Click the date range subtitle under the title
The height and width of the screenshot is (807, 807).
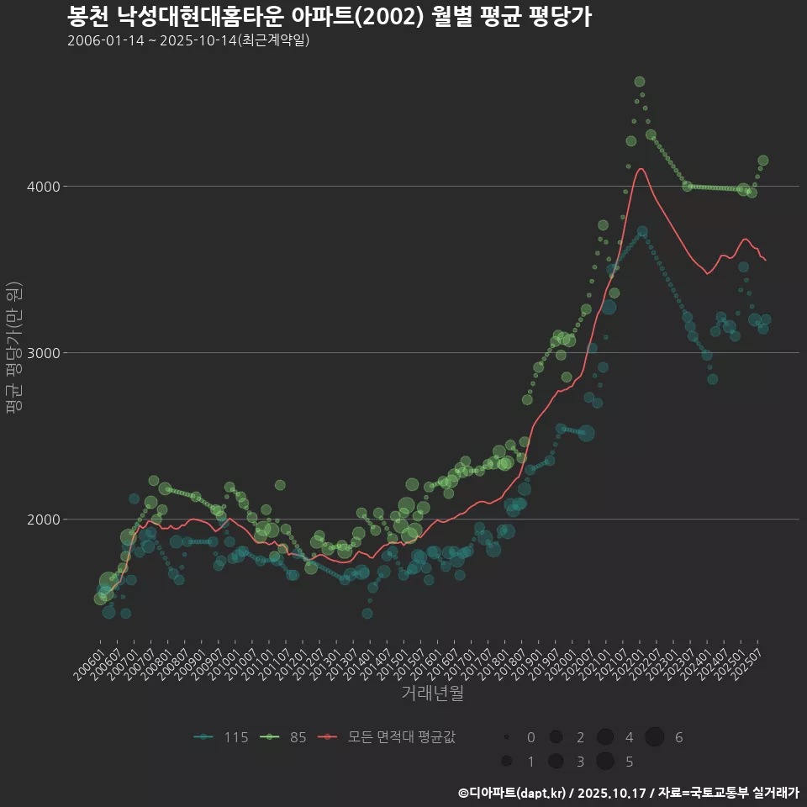[x=188, y=40]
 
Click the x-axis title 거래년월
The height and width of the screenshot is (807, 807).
[x=432, y=693]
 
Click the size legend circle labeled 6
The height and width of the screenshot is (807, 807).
[x=655, y=737]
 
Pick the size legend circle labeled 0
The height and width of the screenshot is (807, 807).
[x=507, y=737]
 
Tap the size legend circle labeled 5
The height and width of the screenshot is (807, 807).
[x=604, y=762]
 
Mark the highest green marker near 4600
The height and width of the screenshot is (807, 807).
[x=640, y=82]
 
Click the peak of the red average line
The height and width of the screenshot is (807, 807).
[x=641, y=168]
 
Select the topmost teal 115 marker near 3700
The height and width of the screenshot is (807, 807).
[x=642, y=231]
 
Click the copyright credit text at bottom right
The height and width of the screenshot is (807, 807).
[x=628, y=793]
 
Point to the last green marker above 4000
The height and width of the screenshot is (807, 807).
[x=763, y=161]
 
